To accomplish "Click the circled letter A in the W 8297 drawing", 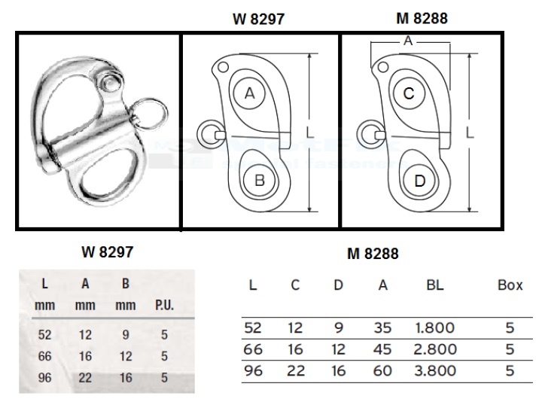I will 250,93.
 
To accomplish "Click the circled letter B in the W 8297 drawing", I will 259,180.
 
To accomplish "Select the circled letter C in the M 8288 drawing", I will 408,93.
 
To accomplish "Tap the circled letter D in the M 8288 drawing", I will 419,180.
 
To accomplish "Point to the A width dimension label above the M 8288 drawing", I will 408,42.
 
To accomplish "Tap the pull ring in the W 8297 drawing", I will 208,135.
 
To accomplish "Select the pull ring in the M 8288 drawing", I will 367,135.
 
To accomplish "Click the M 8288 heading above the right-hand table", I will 372,254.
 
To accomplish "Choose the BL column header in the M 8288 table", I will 434,286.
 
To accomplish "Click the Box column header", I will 510,286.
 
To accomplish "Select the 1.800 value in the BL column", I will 434,328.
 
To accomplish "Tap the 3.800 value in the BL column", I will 434,370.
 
